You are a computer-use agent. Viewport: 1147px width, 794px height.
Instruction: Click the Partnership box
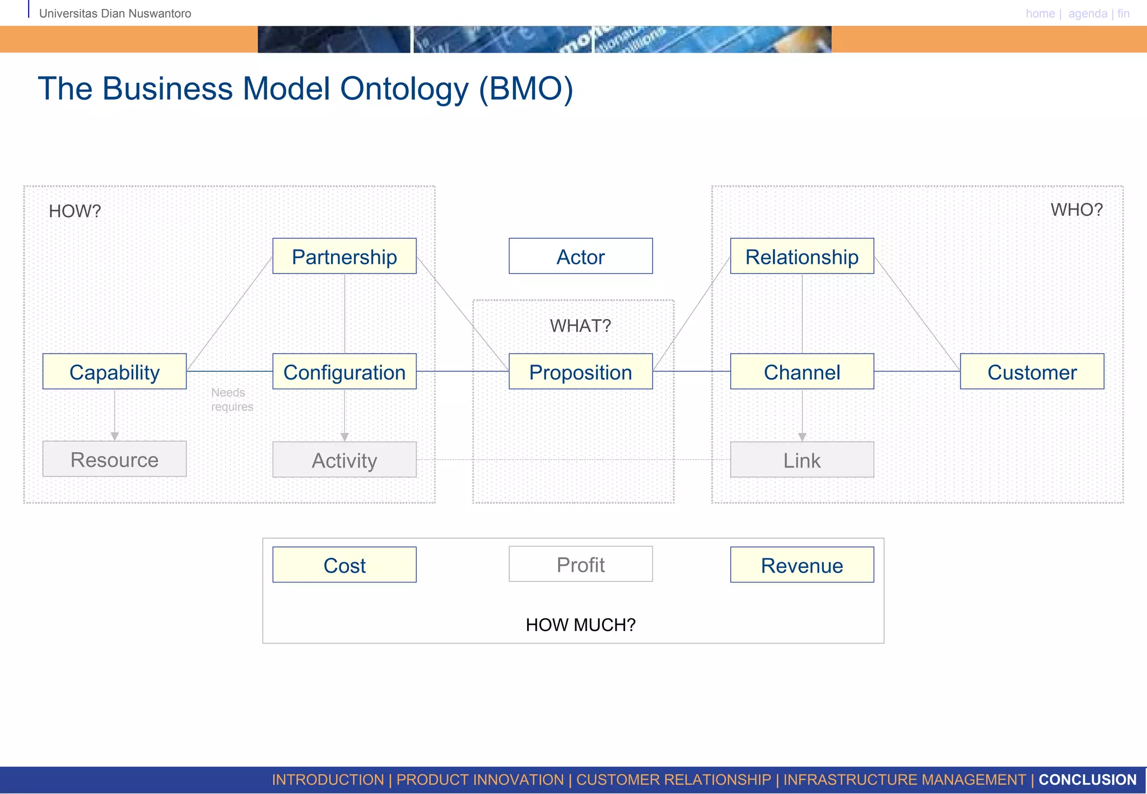coord(344,256)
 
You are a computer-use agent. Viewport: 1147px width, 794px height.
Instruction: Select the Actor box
coord(580,256)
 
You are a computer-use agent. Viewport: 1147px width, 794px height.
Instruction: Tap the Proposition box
coord(580,372)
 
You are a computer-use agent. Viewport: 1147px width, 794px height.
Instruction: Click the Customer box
coord(1032,372)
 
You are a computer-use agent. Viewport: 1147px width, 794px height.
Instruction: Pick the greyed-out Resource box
coord(114,459)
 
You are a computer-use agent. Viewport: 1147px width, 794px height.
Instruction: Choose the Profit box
coord(580,564)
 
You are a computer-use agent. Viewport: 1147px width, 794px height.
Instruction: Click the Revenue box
coord(801,565)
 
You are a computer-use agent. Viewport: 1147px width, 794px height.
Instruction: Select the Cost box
coord(344,565)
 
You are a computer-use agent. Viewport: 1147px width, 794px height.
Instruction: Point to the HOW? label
coord(74,211)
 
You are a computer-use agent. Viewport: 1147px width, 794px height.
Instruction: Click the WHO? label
coord(1076,210)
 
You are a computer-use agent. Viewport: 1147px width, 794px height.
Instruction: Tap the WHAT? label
coord(580,326)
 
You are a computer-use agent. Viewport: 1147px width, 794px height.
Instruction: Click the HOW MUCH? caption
coord(580,625)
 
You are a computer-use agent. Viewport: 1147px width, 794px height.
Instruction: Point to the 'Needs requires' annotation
coord(231,400)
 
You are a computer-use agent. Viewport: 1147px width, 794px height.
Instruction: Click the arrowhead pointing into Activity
coord(344,437)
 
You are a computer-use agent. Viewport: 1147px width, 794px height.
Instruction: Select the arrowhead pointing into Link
coord(802,437)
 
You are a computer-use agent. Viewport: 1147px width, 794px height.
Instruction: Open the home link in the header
coord(1040,13)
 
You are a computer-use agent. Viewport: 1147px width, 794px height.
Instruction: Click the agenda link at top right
coord(1087,13)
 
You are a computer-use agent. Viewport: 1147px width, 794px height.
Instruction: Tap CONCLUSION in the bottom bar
coord(1087,779)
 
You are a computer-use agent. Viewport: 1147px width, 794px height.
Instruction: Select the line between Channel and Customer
coord(917,371)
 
